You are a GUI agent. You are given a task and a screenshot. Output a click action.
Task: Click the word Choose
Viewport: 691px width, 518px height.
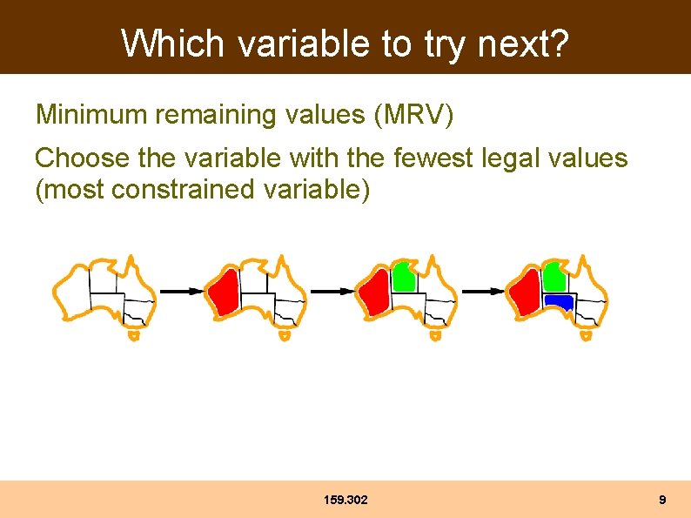click(83, 158)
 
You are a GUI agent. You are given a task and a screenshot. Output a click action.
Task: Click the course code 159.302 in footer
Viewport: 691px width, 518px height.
click(345, 500)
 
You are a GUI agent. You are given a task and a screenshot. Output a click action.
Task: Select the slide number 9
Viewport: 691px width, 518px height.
click(662, 500)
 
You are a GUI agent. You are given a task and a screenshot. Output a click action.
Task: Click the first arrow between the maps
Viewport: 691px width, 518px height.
click(181, 292)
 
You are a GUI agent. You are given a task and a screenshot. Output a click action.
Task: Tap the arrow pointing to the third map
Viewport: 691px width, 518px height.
click(332, 292)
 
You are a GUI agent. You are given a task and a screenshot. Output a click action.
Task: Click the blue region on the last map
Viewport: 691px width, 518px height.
click(558, 302)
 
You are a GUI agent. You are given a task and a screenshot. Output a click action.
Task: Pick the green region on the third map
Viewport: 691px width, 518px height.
click(402, 277)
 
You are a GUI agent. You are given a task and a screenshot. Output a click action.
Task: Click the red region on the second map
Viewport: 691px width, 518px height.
click(224, 291)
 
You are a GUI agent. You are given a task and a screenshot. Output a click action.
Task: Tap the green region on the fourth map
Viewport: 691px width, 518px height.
click(553, 277)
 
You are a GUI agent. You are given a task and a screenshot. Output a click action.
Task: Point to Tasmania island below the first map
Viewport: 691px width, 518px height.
click(133, 335)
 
